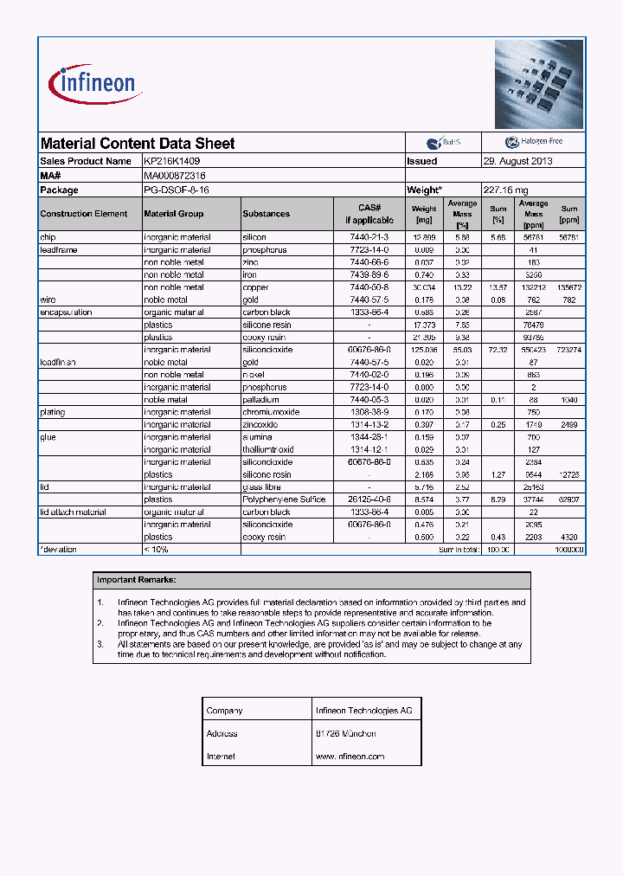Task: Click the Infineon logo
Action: point(95,83)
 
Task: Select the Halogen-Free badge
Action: point(533,143)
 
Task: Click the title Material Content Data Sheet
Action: point(138,144)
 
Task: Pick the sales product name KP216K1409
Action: point(172,161)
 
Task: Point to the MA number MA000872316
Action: point(175,175)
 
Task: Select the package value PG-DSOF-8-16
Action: point(177,190)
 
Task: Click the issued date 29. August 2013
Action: point(517,161)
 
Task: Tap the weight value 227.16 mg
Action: point(504,190)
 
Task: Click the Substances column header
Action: point(267,214)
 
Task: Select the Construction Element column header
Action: point(84,214)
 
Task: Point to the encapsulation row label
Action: point(66,312)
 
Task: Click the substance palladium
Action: point(260,400)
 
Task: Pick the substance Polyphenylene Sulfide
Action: point(284,499)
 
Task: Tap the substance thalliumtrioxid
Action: point(268,450)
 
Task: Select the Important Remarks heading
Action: point(136,580)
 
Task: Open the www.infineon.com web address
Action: point(350,756)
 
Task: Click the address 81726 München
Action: point(346,733)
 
